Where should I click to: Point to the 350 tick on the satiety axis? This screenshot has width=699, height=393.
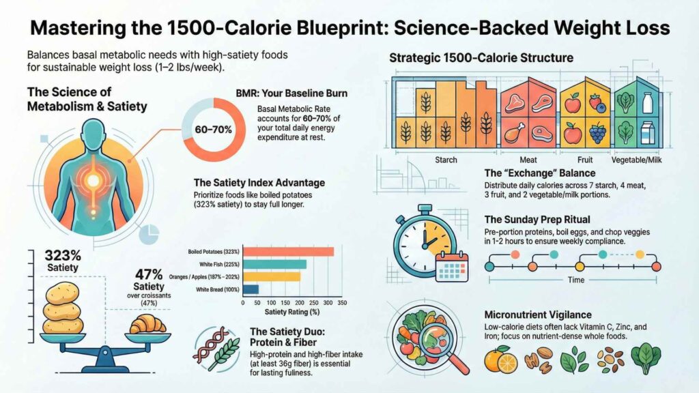(342, 303)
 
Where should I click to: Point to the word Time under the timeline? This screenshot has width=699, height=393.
(572, 280)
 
